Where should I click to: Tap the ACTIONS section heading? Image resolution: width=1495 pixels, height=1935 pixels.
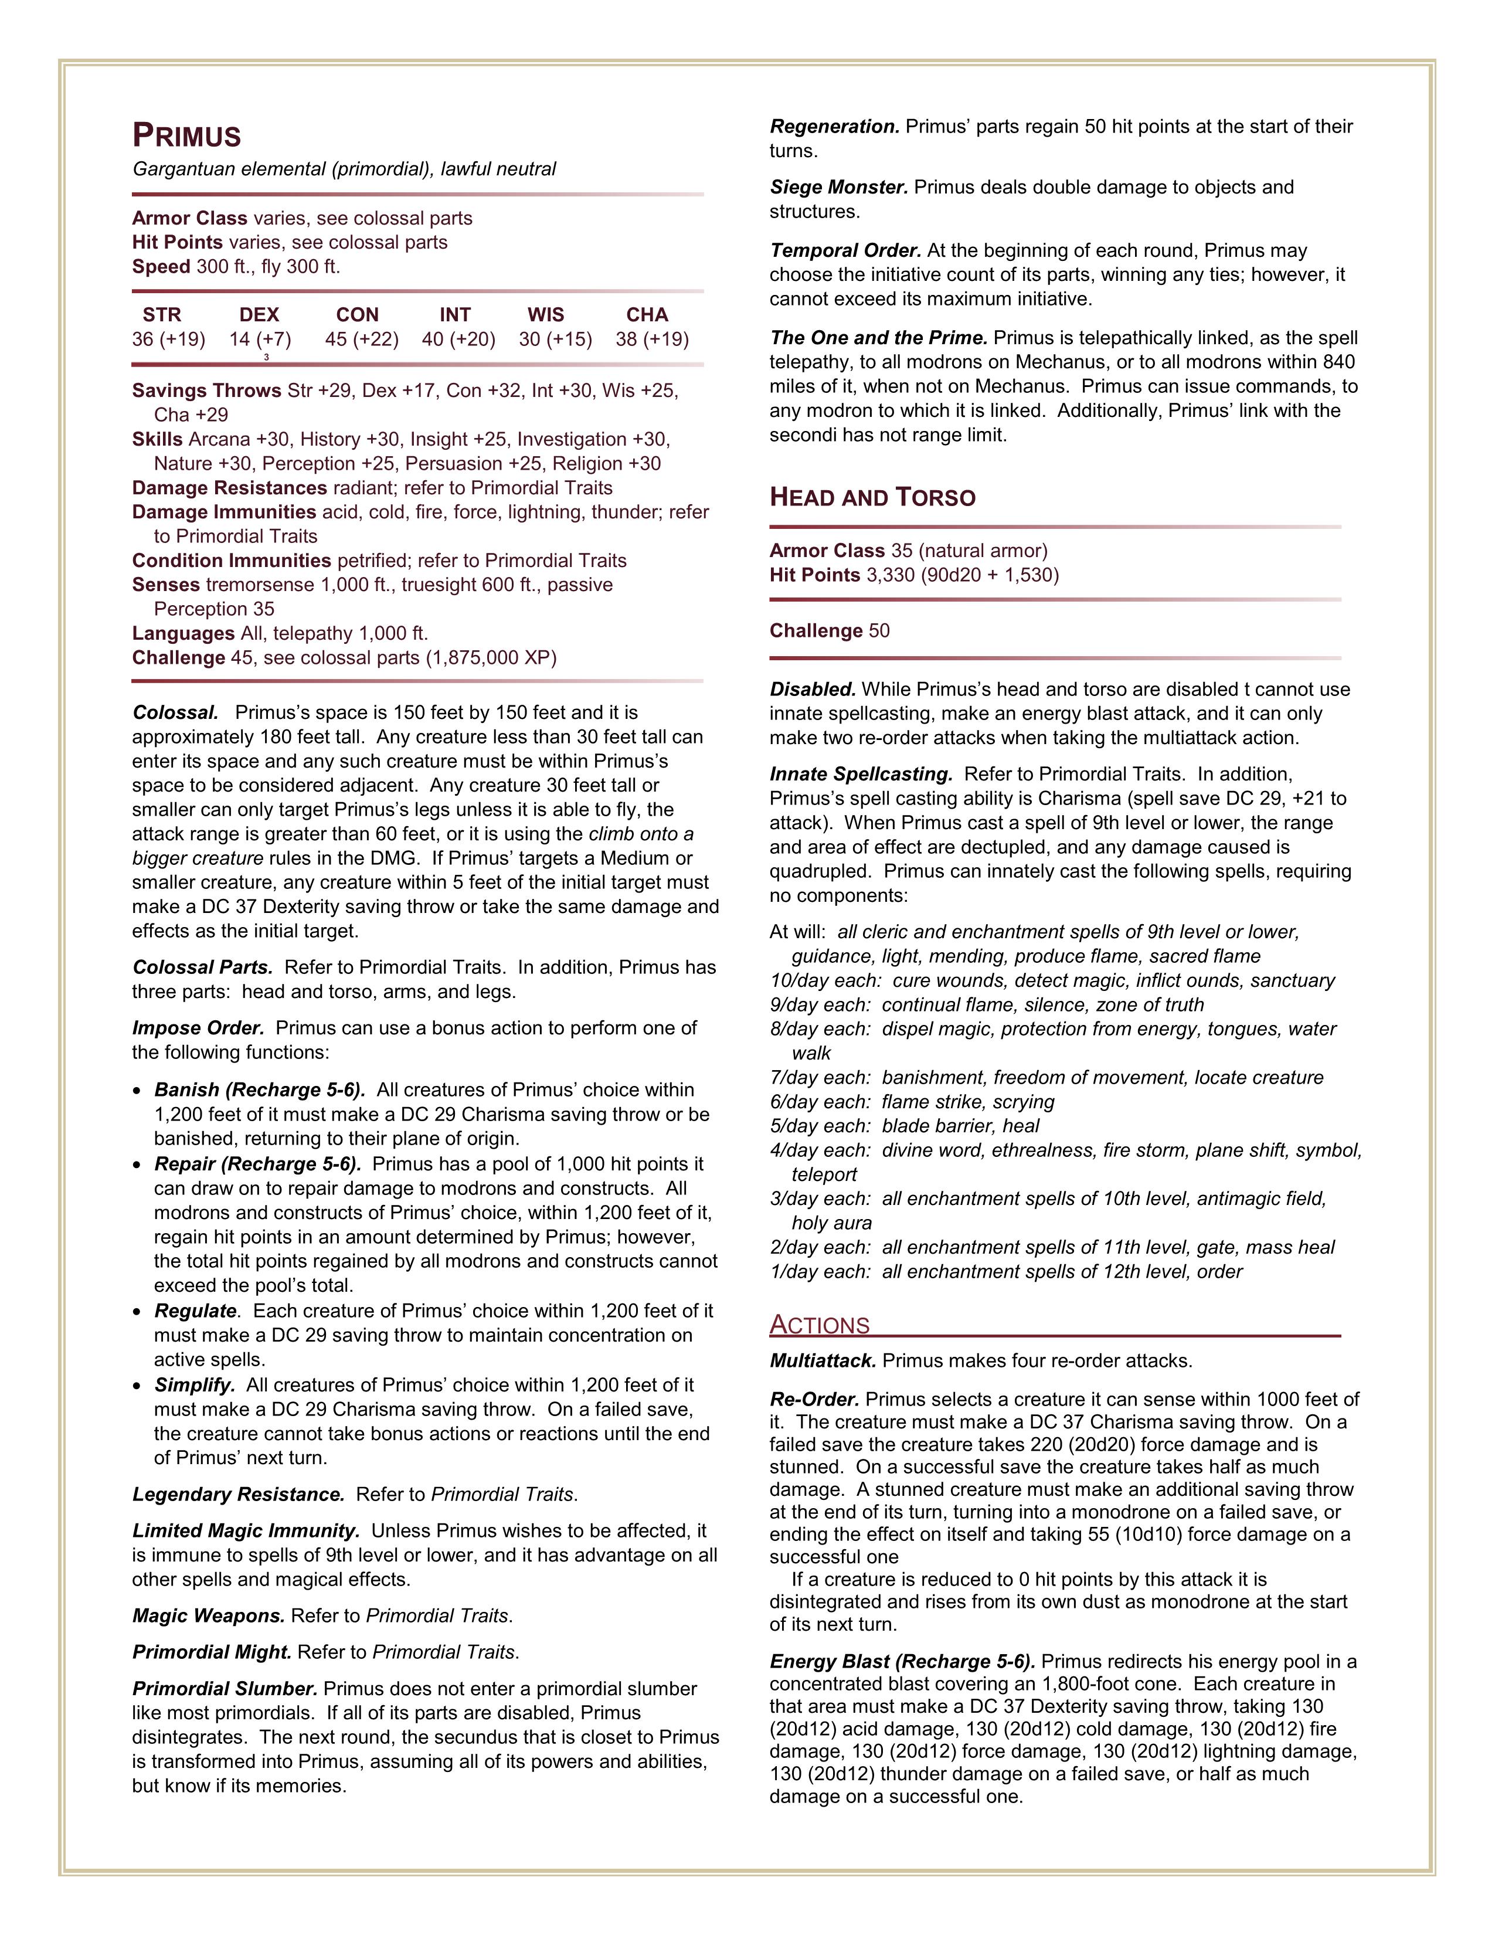point(819,1325)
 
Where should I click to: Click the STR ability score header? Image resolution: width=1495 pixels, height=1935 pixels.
point(162,314)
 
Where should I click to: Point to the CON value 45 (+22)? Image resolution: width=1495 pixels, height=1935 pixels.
point(361,340)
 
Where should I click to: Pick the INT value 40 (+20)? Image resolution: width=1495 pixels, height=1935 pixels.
point(458,340)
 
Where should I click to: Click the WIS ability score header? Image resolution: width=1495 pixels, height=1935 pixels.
point(546,314)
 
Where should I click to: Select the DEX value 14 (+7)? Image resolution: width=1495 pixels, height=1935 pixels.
point(260,340)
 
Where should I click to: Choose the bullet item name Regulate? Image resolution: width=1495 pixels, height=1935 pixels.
point(196,1311)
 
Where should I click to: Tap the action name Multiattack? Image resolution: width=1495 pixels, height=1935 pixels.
point(823,1361)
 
